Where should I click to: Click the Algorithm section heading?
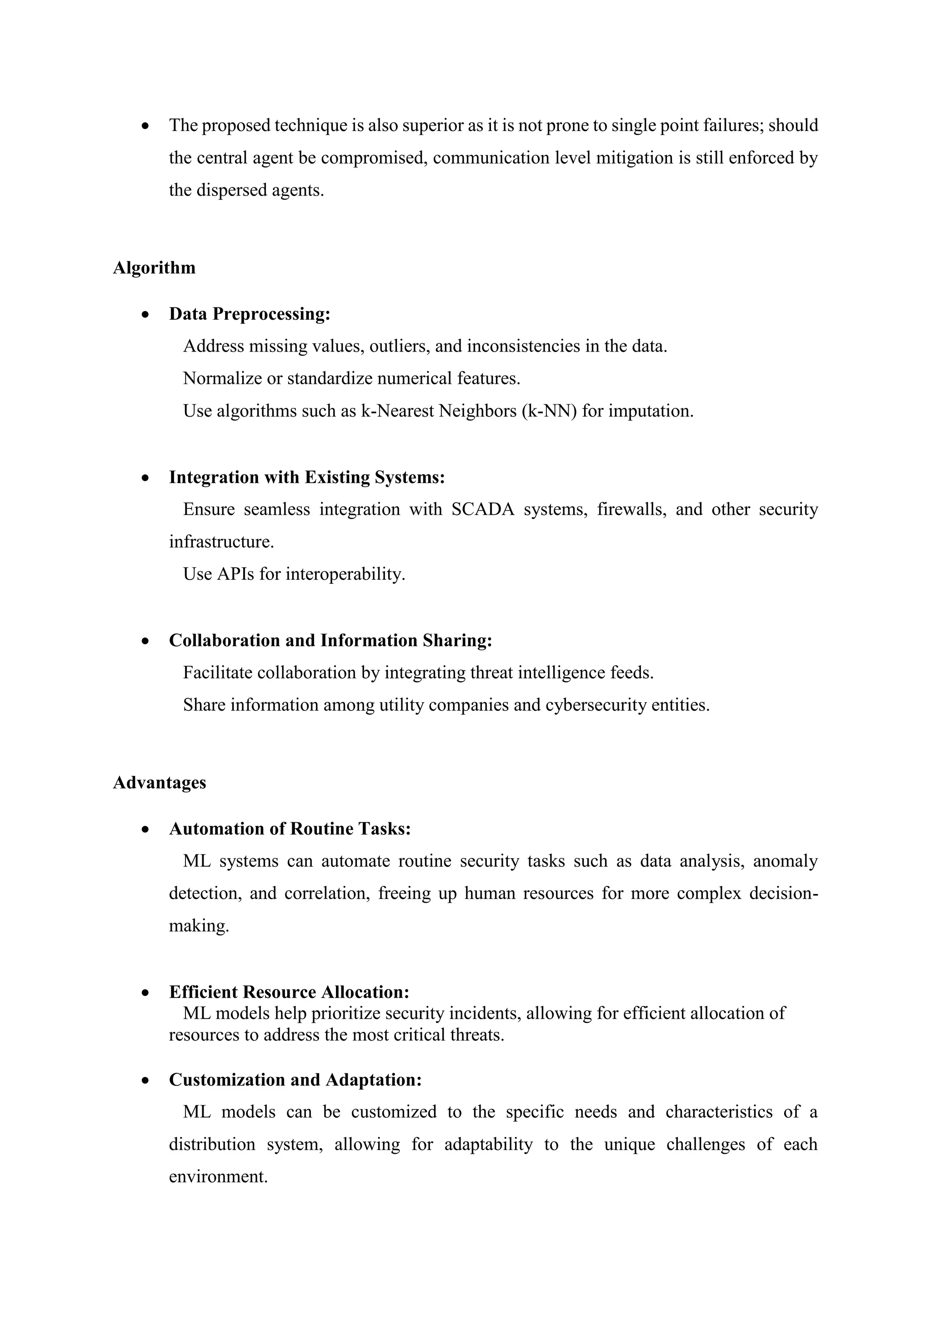point(154,268)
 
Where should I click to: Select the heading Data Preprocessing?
point(250,314)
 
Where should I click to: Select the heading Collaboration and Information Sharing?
point(330,640)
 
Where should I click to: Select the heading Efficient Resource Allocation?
point(289,992)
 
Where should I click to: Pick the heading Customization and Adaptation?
point(295,1080)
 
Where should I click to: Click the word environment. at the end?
point(218,1176)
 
